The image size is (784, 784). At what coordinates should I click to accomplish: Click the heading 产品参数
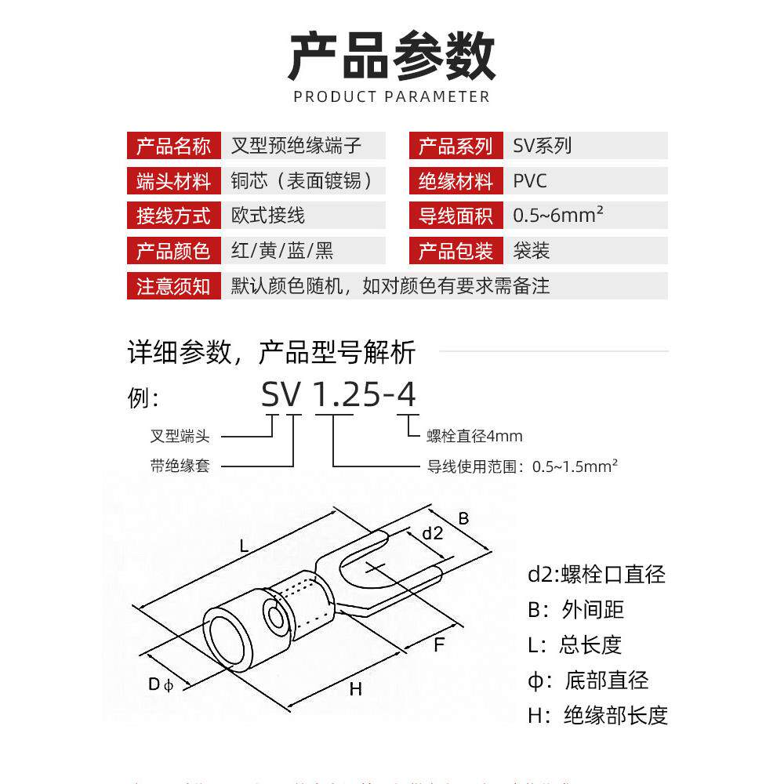point(392,56)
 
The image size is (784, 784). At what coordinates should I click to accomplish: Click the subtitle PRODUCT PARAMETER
point(392,96)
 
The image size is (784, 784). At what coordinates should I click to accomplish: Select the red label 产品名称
point(173,146)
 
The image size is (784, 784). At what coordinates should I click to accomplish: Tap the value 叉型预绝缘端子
point(297,146)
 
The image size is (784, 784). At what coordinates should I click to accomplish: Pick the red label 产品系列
point(456,146)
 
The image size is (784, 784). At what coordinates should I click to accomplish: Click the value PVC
point(530,181)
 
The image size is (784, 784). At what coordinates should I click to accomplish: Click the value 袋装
point(532,251)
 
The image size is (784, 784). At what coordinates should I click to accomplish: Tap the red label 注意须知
point(173,286)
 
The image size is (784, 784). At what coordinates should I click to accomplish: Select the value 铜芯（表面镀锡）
point(303,181)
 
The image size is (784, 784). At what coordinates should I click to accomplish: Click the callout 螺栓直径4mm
point(474,436)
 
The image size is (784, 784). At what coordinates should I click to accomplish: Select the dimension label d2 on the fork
point(433,534)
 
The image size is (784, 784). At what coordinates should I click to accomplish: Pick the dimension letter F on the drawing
point(439,645)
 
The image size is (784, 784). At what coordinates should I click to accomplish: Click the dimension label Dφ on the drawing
point(160,684)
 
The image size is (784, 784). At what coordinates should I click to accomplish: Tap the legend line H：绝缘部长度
point(597,715)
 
